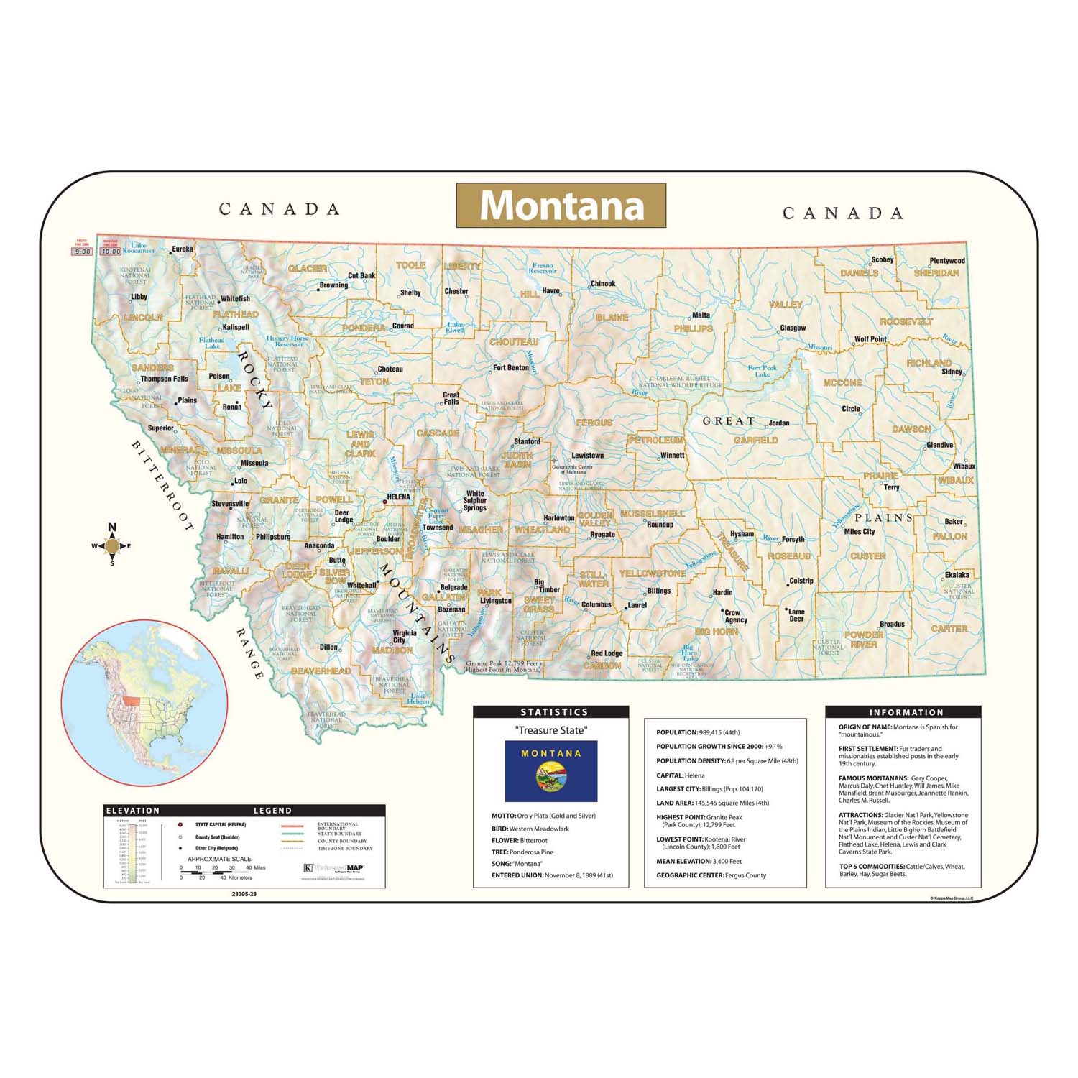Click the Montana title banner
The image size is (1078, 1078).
click(x=561, y=206)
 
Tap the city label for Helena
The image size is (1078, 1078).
click(x=398, y=497)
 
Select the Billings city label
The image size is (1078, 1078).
click(x=658, y=591)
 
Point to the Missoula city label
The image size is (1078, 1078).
click(x=254, y=463)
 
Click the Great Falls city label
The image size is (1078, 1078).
click(x=451, y=398)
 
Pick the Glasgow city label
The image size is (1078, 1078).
click(x=793, y=328)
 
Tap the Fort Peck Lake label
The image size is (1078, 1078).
click(x=762, y=371)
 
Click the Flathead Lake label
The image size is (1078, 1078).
click(x=212, y=344)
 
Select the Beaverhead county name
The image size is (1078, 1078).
click(x=321, y=671)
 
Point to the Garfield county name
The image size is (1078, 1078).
click(x=755, y=440)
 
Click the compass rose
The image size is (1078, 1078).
click(x=111, y=546)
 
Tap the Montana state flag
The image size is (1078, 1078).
click(x=550, y=772)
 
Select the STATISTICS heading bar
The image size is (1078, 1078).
click(x=550, y=711)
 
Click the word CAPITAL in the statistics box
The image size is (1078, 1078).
click(x=669, y=775)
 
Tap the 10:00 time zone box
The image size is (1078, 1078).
click(x=111, y=252)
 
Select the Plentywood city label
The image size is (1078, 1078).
click(x=946, y=261)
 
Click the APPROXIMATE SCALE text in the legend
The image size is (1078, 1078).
click(x=219, y=859)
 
